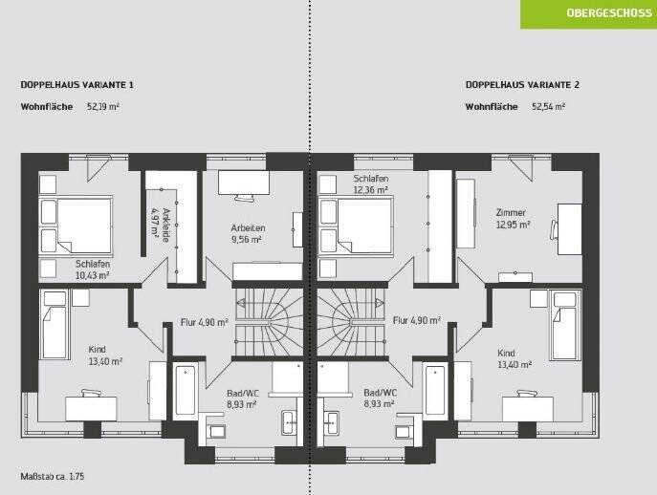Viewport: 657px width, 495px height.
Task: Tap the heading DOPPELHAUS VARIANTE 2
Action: [x=522, y=85]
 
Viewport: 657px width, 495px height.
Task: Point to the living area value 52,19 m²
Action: [x=103, y=107]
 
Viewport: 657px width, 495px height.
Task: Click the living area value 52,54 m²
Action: [x=548, y=107]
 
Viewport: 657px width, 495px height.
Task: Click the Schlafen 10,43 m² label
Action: [x=92, y=269]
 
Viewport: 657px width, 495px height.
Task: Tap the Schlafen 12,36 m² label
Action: [x=370, y=184]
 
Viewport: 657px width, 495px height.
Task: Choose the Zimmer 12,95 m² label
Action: [x=512, y=219]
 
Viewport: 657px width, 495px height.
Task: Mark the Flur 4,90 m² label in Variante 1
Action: [x=205, y=322]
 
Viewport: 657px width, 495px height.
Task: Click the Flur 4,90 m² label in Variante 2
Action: [x=416, y=322]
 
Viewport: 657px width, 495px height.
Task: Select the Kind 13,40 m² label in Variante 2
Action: [x=513, y=358]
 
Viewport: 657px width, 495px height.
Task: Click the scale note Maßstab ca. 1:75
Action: [x=58, y=476]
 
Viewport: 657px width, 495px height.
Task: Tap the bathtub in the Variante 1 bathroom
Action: [x=186, y=390]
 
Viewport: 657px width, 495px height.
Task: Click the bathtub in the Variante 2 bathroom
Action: [x=435, y=390]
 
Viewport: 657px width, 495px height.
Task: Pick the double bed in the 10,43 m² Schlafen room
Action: [x=76, y=224]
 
